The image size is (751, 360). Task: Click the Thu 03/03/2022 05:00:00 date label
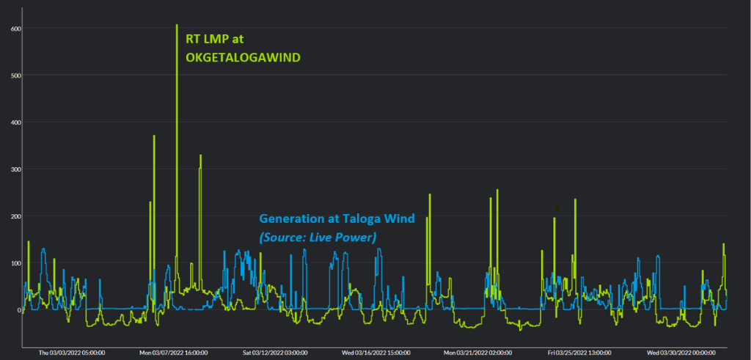point(70,353)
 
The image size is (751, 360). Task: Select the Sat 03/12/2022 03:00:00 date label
point(275,353)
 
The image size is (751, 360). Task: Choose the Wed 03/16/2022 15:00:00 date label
point(377,353)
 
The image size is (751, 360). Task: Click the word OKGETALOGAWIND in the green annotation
point(243,58)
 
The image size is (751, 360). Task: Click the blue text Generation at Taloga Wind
point(337,218)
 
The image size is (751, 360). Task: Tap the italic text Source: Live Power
point(317,237)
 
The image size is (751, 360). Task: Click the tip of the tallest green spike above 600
point(177,25)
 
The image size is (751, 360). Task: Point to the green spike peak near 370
point(154,136)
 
